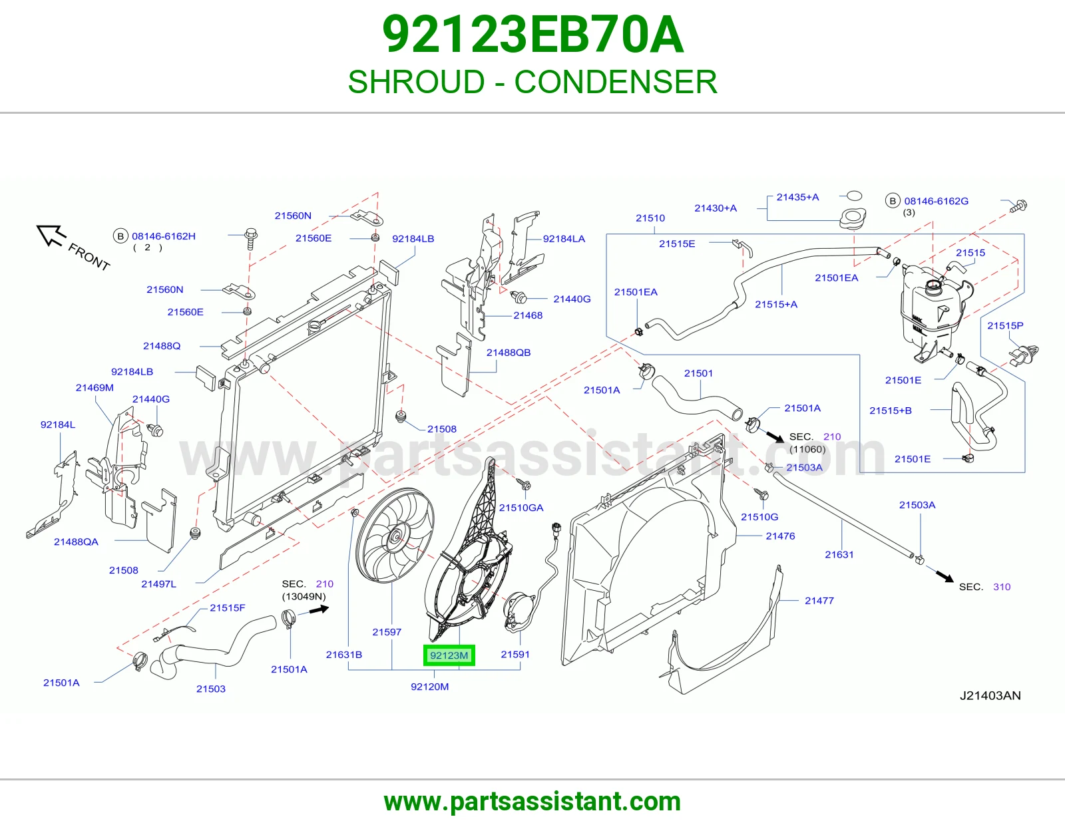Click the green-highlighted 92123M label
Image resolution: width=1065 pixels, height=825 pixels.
tap(449, 655)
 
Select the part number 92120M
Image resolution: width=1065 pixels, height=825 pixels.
tap(430, 687)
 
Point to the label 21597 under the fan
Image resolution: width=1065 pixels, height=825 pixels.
tap(387, 632)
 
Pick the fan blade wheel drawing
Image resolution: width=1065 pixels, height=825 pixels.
tap(395, 536)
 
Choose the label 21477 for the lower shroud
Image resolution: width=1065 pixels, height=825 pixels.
tap(819, 601)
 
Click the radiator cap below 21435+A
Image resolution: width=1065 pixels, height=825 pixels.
tap(853, 218)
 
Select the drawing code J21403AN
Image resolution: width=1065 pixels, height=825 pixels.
tap(990, 696)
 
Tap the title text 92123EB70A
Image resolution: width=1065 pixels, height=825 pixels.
tap(532, 35)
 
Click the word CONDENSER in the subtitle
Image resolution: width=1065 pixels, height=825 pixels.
tap(616, 82)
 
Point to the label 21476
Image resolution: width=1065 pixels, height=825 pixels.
tap(780, 536)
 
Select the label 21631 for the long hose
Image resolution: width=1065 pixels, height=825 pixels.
tap(839, 555)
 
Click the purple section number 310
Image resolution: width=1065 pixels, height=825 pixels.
tap(1002, 587)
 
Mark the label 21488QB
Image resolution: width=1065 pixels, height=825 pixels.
tap(509, 353)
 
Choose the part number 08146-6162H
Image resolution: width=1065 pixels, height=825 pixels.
tap(164, 236)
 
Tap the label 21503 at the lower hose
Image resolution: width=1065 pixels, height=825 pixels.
tap(211, 689)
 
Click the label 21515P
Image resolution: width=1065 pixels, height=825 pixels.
tap(1005, 326)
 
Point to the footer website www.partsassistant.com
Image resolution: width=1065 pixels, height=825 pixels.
tap(532, 802)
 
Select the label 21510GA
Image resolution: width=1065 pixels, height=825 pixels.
tap(521, 508)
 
